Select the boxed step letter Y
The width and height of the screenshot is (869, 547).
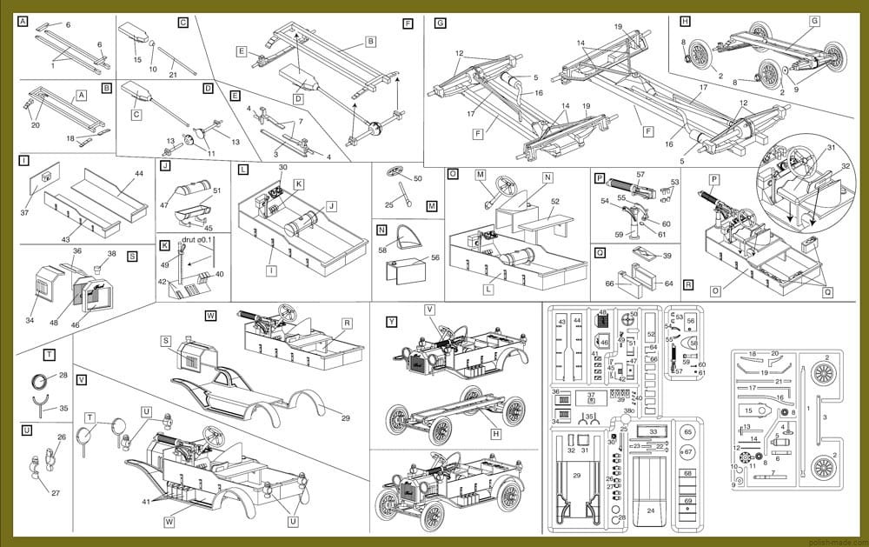point(392,321)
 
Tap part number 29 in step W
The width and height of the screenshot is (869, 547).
point(346,419)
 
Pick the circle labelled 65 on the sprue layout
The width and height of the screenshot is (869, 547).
point(688,432)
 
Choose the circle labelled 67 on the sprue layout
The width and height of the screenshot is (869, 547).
point(688,452)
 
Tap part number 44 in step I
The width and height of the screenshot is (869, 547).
point(139,175)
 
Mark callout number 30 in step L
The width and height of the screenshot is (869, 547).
point(282,167)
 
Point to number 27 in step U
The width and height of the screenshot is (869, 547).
point(56,493)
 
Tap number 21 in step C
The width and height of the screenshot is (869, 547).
point(172,76)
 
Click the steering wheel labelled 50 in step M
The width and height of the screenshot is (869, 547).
point(401,172)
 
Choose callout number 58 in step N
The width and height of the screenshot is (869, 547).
point(383,250)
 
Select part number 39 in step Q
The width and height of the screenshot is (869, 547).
point(667,256)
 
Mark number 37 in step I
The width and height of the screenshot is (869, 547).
point(24,212)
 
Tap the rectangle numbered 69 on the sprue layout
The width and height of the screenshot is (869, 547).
point(688,503)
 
